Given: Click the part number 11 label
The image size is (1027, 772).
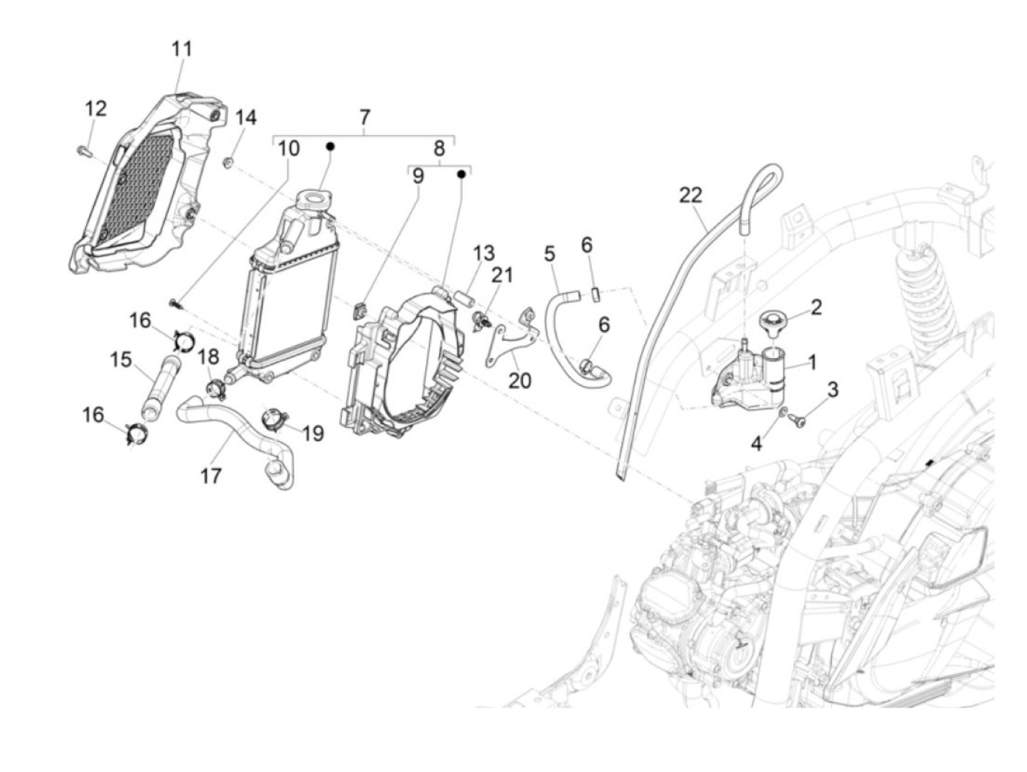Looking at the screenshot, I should click(181, 49).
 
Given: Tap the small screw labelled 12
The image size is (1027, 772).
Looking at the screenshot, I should click(81, 151).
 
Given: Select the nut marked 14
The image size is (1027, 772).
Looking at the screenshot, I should click(229, 161).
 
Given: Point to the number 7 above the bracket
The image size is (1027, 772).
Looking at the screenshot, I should click(365, 117).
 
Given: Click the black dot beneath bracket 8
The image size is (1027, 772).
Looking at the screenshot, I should click(461, 175).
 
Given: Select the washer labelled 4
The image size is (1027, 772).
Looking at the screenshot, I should click(783, 412).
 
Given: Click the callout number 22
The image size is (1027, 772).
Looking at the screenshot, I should click(690, 195).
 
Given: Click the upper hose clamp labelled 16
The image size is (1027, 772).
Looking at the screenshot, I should click(183, 341).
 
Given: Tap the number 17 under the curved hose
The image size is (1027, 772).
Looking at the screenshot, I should click(211, 476).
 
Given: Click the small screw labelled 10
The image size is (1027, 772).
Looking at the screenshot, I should click(175, 301).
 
